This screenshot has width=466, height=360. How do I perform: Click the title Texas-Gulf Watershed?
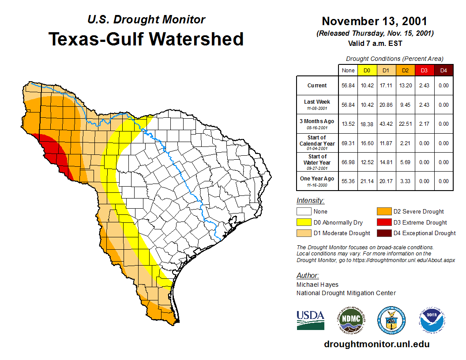point(146,39)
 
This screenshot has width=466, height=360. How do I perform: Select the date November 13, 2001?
point(374,21)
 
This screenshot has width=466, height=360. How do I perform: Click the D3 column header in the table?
point(424,70)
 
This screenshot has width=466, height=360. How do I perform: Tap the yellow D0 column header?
point(367,70)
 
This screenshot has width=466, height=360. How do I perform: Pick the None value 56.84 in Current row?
point(348,86)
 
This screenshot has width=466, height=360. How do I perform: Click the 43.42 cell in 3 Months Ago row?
point(386,124)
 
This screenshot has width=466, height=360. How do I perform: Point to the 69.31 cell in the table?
point(348,143)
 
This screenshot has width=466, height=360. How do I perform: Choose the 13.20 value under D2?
point(405,86)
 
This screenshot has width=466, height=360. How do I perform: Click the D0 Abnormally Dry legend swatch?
point(304,222)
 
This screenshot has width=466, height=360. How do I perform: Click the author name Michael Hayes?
point(318,285)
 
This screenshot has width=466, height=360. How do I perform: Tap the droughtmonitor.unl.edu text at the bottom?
point(376,344)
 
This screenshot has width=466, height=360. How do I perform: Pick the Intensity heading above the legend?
point(310,201)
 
